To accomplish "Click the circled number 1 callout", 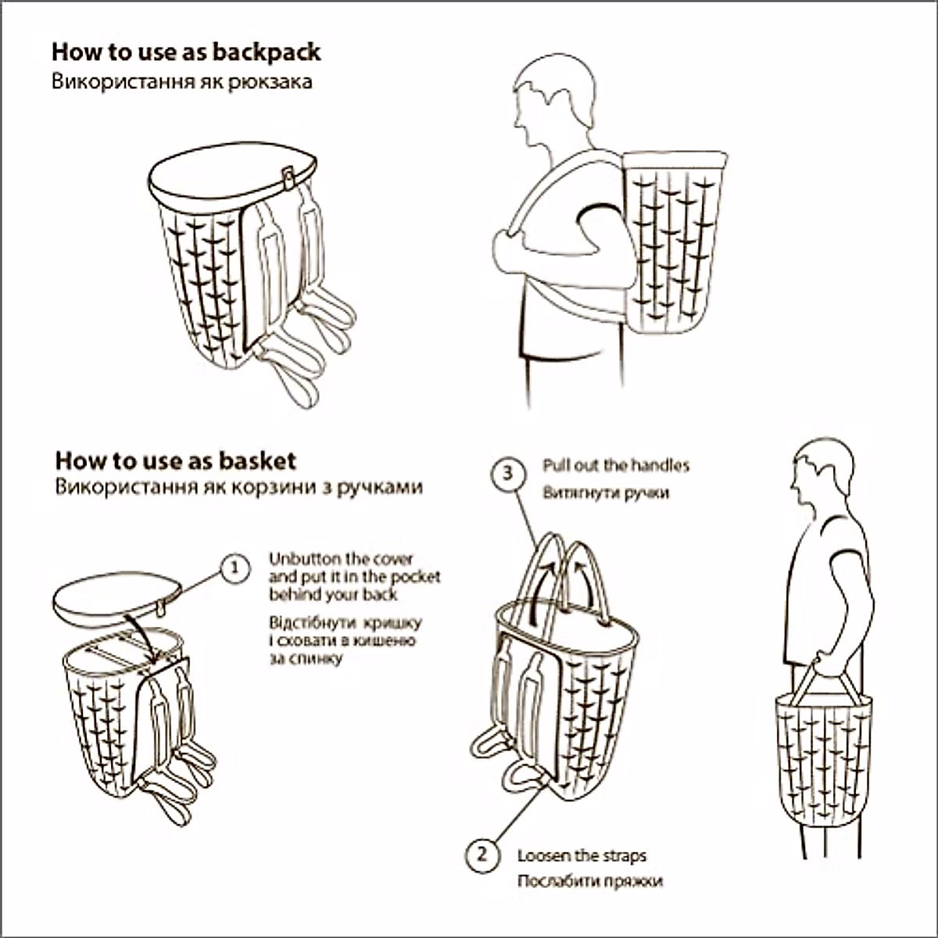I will pyautogui.click(x=234, y=568).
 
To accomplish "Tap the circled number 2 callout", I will pyautogui.click(x=482, y=854).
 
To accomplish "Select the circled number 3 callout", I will pyautogui.click(x=509, y=473).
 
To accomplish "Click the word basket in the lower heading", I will pyautogui.click(x=257, y=460).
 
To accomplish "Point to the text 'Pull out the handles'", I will pyautogui.click(x=616, y=466).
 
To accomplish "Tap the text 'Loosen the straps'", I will pyautogui.click(x=582, y=856).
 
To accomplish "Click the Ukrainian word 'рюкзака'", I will pyautogui.click(x=270, y=81).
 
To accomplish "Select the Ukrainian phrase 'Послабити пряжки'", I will pyautogui.click(x=589, y=881).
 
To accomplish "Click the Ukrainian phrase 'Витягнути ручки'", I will pyautogui.click(x=606, y=493).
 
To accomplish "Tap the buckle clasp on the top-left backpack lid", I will pyautogui.click(x=288, y=177).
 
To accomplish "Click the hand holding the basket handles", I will pyautogui.click(x=829, y=664).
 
